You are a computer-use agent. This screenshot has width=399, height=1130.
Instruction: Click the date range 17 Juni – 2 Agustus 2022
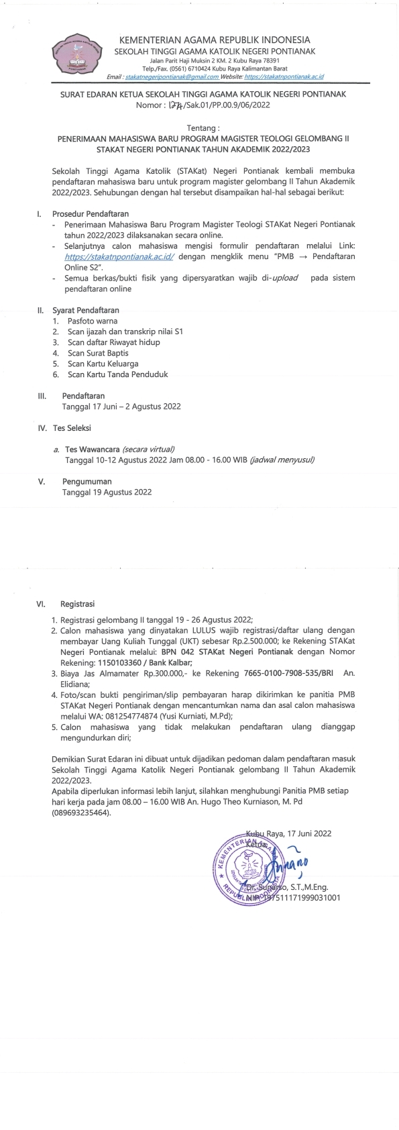point(121,407)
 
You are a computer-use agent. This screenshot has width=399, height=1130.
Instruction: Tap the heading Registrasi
point(77,604)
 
